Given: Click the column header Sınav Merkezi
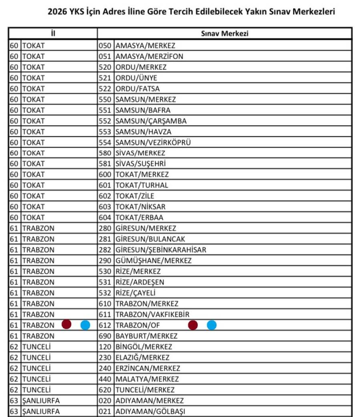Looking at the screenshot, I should pos(224,34).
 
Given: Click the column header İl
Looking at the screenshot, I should pos(53,34).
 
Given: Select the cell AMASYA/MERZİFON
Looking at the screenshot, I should pos(149,56).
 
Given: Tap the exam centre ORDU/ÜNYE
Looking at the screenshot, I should pos(136,78).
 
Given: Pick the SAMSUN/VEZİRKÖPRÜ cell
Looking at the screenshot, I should pos(153,142).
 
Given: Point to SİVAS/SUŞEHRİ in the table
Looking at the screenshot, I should pos(140,164).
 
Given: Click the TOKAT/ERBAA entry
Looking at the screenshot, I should pos(139,218).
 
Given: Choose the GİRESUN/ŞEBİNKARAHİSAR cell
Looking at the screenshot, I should pos(161,250).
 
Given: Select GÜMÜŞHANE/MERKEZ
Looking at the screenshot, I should pos(153,261).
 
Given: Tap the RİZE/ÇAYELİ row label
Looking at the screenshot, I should pos(135,293).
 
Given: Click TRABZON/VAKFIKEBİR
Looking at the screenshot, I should pos(152,315).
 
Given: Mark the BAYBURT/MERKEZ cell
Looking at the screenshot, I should pos(146,336).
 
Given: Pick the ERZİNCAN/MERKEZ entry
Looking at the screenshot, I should pos(148,368).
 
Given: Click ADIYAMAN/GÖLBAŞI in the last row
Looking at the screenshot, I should pos(150,411).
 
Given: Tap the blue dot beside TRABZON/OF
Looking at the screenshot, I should pos(212,325).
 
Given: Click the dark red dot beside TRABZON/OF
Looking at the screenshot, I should pos(193,325).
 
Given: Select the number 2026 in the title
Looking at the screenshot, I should pos(57,12).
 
